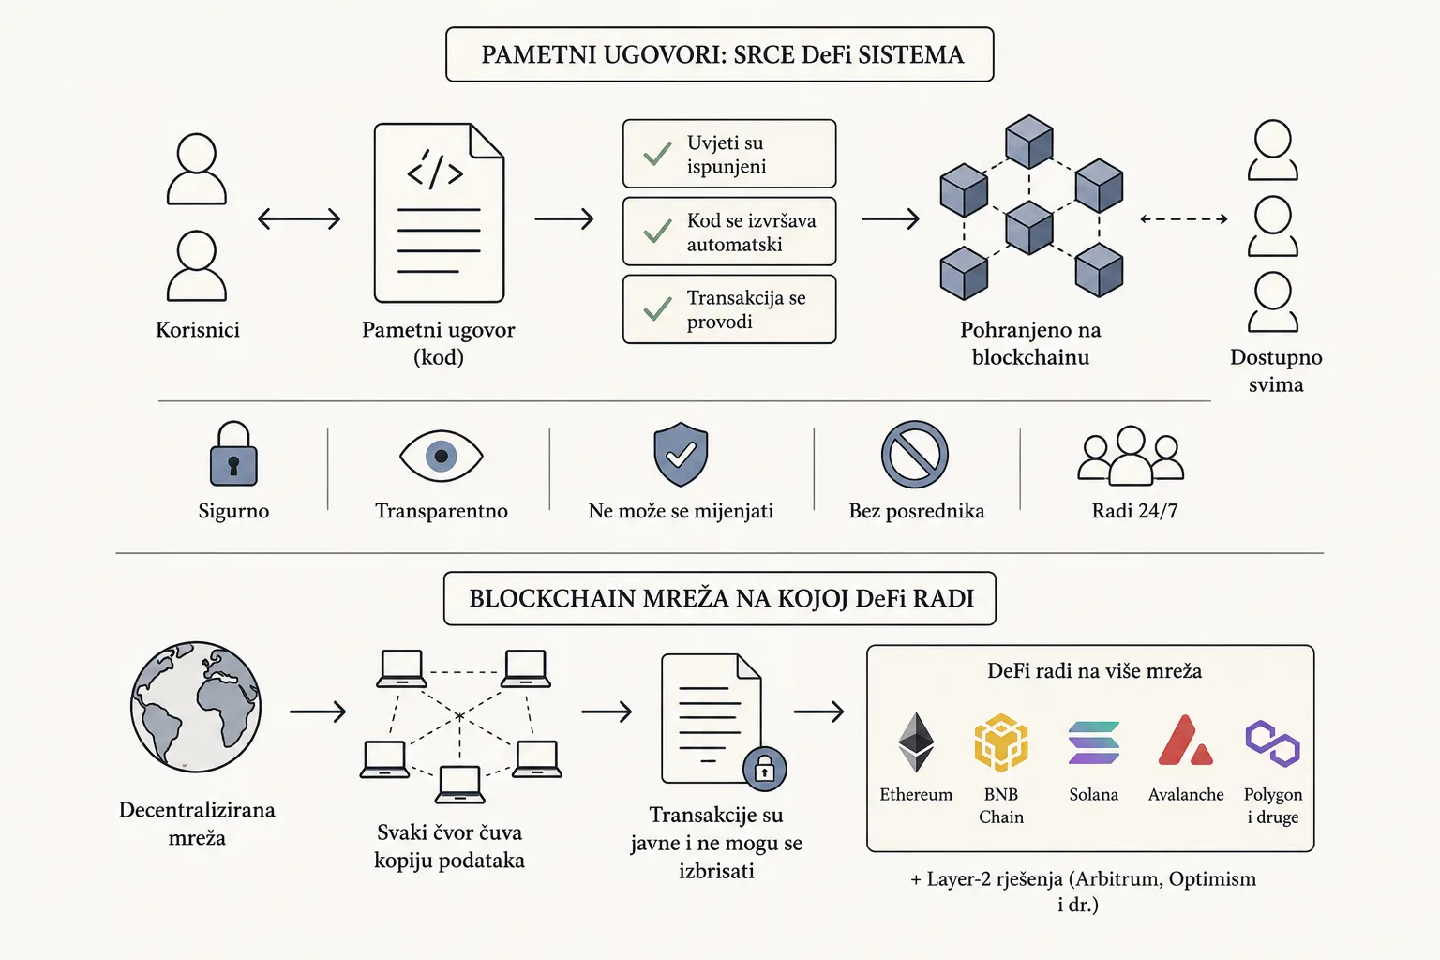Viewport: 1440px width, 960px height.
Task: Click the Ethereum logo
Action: [x=916, y=742]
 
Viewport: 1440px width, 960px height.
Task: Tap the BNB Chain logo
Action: [x=1001, y=742]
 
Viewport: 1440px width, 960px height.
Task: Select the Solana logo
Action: [x=1093, y=742]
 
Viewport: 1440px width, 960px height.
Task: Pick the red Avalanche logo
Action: [x=1185, y=740]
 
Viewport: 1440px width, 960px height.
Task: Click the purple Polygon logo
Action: [x=1273, y=743]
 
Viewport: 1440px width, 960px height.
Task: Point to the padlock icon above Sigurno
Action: [x=233, y=454]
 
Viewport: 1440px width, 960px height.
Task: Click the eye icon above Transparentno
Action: [x=441, y=456]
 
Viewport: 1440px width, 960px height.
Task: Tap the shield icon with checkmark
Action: [x=681, y=454]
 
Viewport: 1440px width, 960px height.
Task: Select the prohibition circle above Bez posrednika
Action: [x=915, y=454]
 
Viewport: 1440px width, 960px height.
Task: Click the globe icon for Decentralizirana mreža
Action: [x=196, y=707]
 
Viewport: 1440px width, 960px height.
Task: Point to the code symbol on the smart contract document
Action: [x=435, y=171]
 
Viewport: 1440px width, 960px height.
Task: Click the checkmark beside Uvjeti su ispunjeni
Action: [x=657, y=154]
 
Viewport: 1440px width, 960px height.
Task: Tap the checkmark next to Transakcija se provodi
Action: [x=657, y=308]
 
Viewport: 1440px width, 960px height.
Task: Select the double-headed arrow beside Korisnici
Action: [x=299, y=218]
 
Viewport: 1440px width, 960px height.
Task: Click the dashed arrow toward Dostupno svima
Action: [x=1183, y=218]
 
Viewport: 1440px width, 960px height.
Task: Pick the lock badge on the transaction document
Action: [x=764, y=769]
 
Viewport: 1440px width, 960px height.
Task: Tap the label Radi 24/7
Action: [x=1134, y=511]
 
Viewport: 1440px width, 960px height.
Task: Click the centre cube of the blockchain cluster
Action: [x=1029, y=227]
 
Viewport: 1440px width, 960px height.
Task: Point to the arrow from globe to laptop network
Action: [x=318, y=712]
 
